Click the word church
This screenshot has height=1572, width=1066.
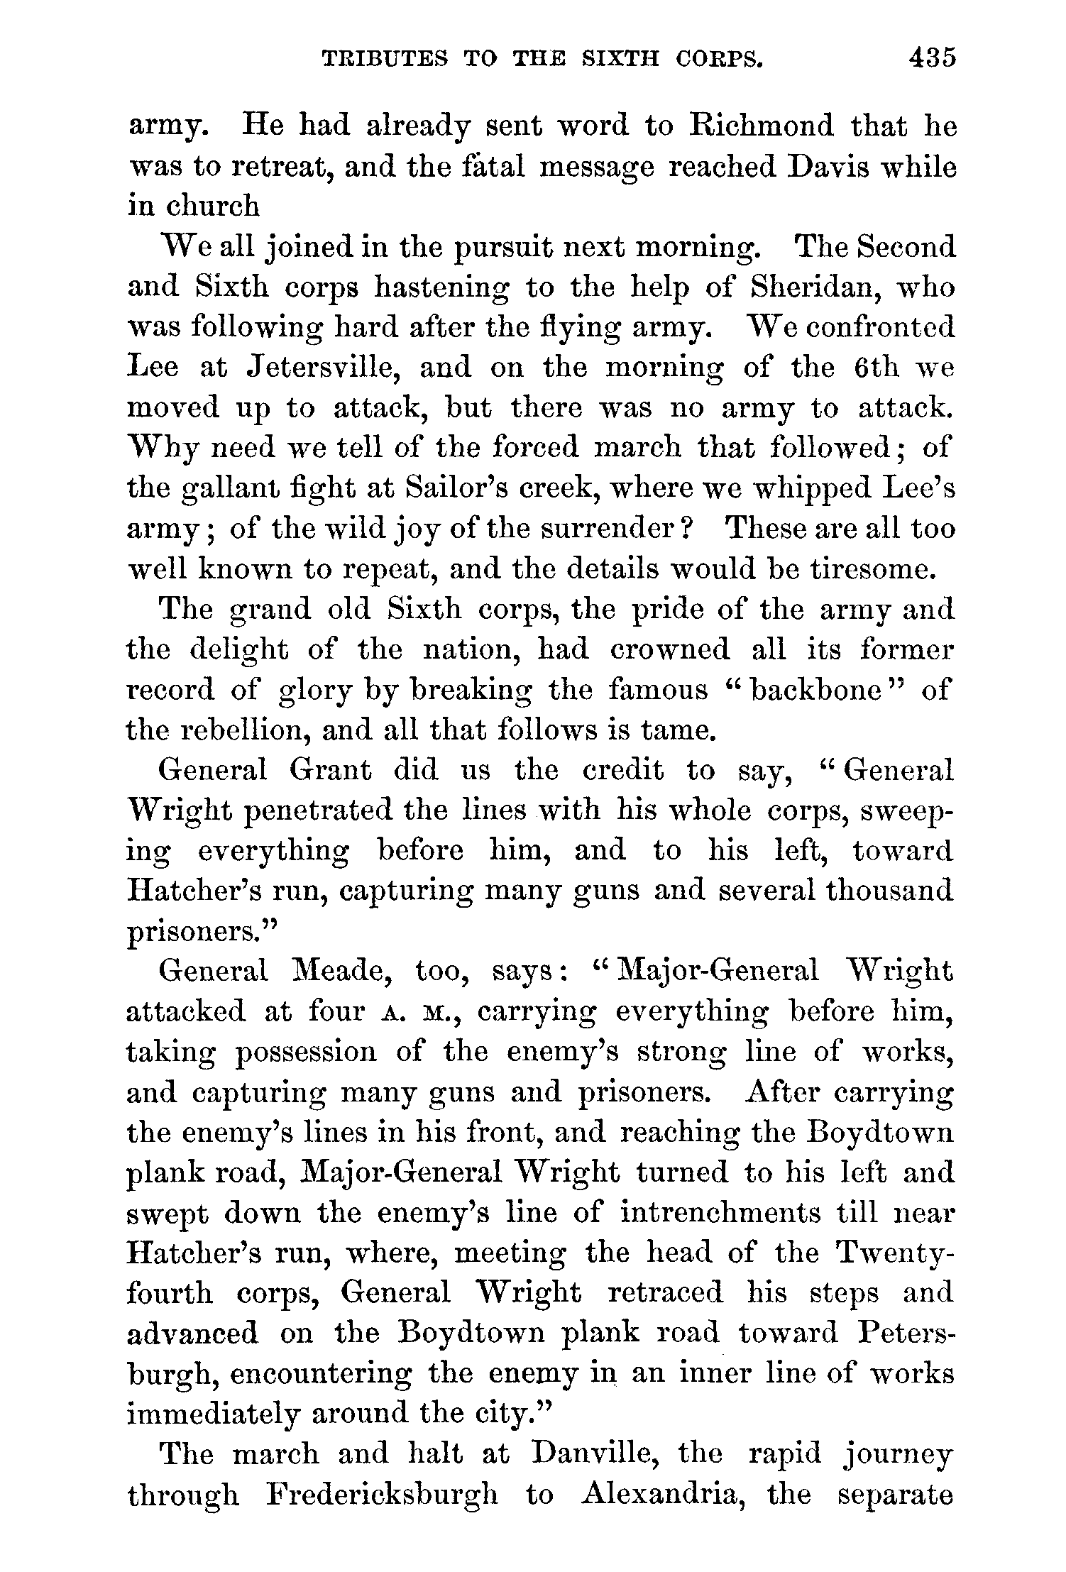pyautogui.click(x=212, y=207)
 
